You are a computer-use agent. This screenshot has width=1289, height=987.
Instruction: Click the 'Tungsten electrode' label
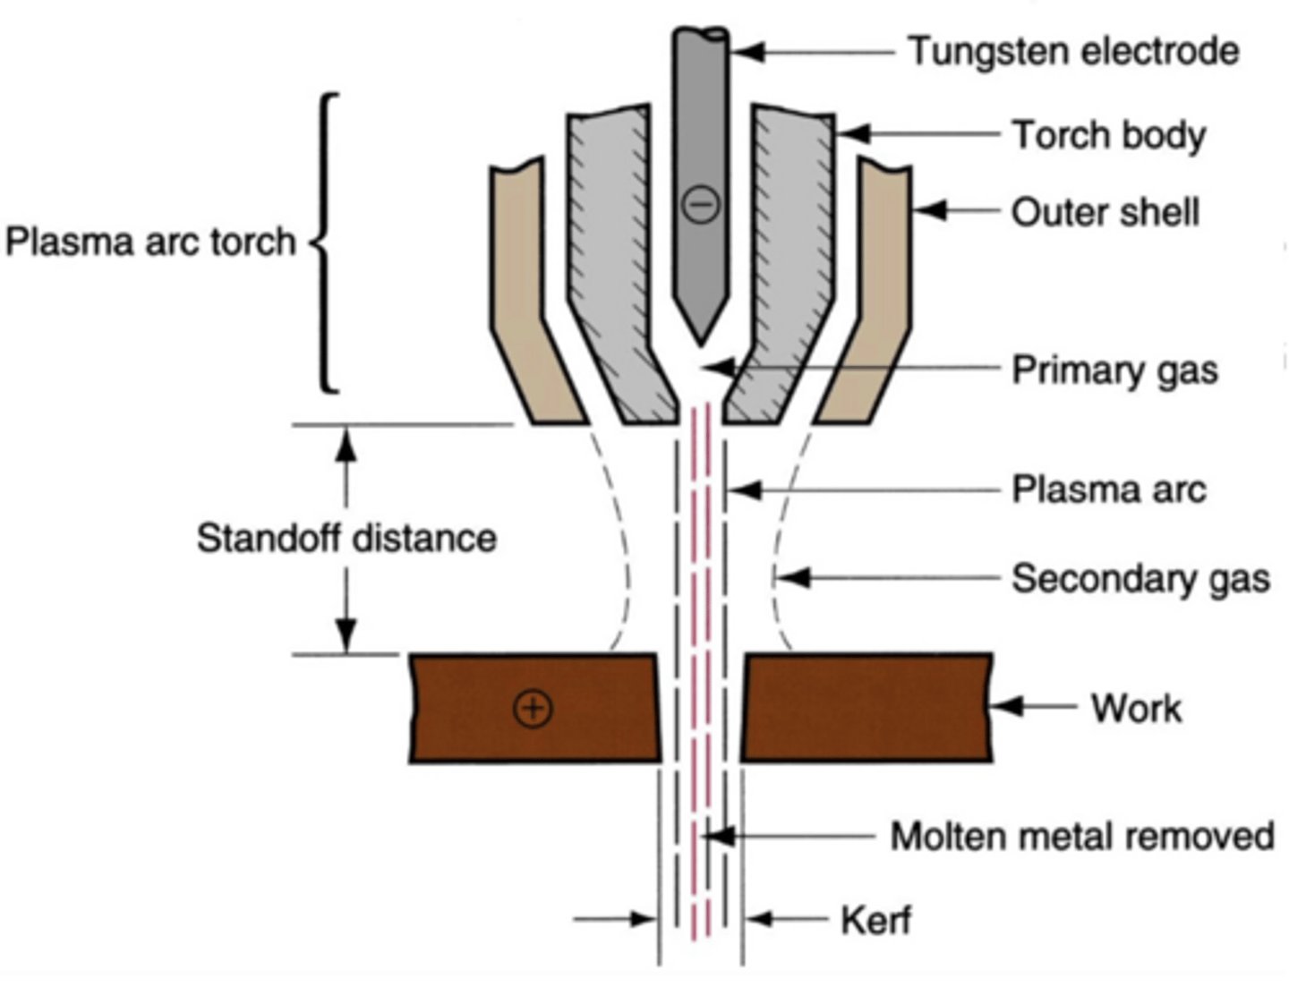coord(1074,51)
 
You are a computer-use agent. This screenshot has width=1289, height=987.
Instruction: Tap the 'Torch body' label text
coord(1109,135)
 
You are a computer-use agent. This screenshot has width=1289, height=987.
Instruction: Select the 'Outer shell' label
coord(1105,213)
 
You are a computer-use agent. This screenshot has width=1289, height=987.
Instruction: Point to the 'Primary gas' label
coord(1114,370)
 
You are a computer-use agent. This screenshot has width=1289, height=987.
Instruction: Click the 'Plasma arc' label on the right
coord(1109,489)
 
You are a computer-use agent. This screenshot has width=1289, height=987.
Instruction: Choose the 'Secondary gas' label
coord(1140,578)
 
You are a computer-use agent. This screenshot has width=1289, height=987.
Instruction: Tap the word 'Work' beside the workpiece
coord(1136,708)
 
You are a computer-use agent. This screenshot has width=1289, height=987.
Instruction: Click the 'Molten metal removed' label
coord(1082,836)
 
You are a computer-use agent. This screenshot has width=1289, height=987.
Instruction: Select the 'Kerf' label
coord(875,920)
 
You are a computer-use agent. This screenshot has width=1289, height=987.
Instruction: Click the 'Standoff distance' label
coord(346,539)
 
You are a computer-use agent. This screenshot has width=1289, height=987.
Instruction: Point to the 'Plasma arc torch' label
coord(150,242)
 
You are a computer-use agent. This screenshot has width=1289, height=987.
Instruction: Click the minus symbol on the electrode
coord(700,205)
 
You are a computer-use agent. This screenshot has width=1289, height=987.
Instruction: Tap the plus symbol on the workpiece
coord(533,709)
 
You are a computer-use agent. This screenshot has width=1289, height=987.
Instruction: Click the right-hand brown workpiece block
coord(866,707)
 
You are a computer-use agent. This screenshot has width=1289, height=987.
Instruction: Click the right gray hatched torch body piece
coord(788,268)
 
